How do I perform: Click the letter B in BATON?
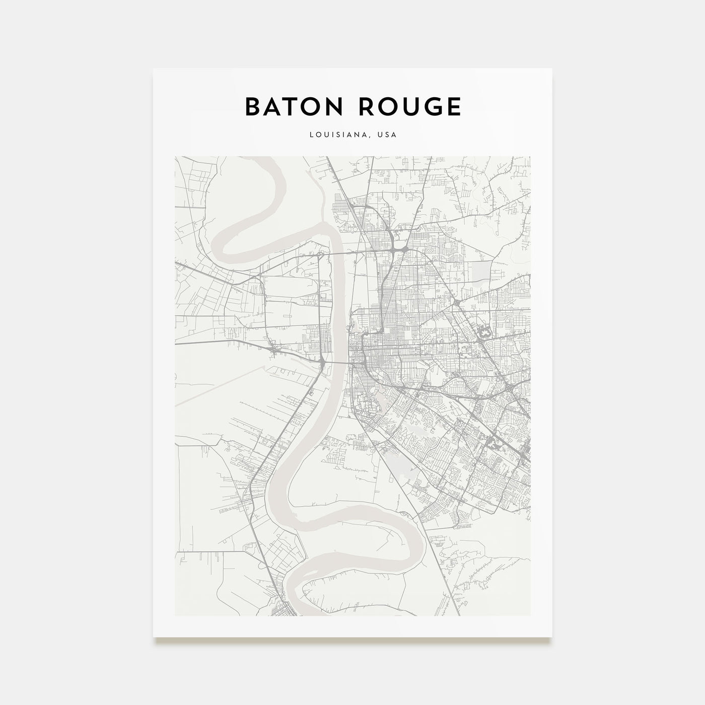click(252, 107)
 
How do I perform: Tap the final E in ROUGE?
click(453, 107)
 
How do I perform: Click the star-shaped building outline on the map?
click(484, 332)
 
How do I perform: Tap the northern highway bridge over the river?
click(332, 252)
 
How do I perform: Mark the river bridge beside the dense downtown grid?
click(333, 362)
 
